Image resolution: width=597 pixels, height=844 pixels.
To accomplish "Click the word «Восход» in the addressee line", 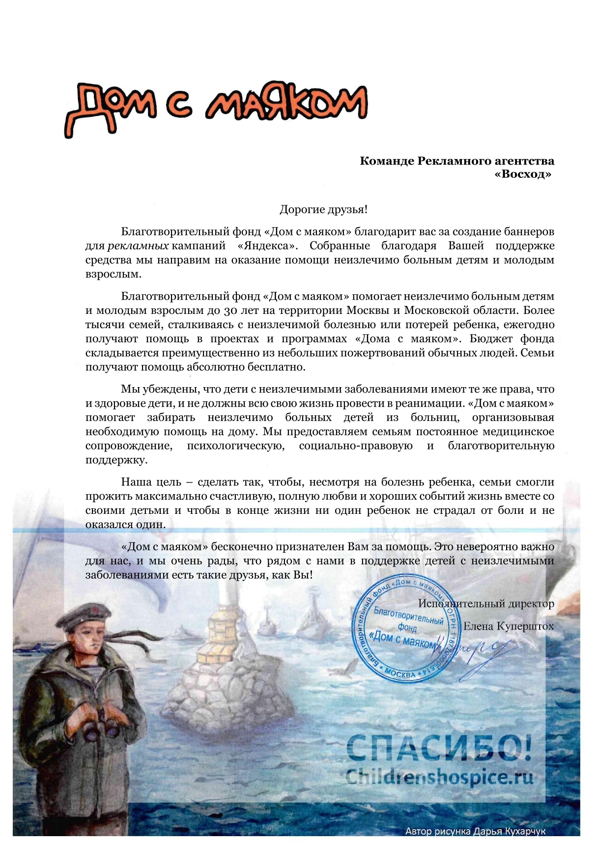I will [x=523, y=174].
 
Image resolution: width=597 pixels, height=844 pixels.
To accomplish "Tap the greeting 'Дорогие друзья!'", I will [x=323, y=210].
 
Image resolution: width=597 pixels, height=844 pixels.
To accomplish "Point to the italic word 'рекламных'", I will [x=138, y=246].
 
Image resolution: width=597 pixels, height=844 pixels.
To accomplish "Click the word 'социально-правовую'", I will [x=356, y=446].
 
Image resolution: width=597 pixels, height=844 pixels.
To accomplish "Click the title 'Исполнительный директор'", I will [x=486, y=603].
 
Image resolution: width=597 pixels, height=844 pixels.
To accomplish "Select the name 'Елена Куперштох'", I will [x=508, y=626].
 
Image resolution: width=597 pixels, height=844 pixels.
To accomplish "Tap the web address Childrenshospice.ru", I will [x=439, y=777].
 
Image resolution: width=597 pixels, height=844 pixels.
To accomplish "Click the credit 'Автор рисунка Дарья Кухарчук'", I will [x=475, y=831].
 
